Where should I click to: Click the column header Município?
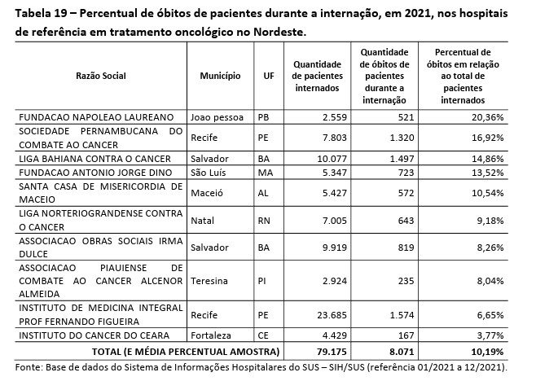coord(220,75)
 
